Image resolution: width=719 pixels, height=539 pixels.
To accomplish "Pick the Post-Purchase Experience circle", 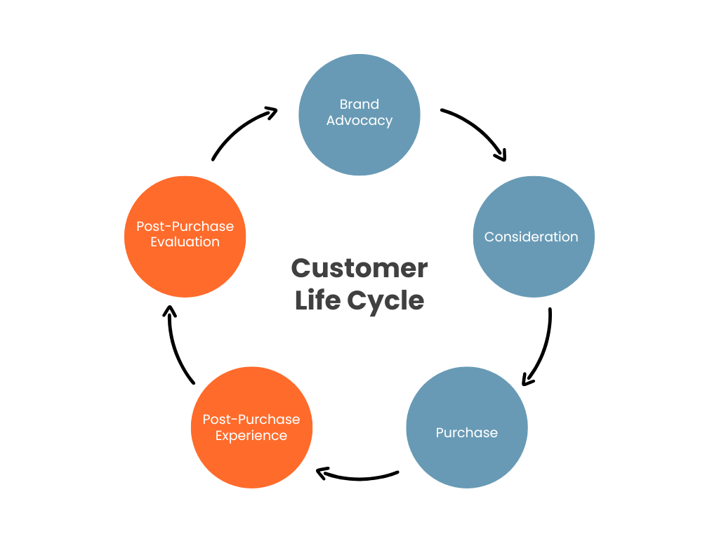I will pos(251,456).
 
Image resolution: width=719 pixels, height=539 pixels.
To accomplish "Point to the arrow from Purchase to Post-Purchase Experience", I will pos(358,478).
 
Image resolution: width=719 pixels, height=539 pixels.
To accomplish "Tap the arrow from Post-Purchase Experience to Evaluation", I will pos(176,347).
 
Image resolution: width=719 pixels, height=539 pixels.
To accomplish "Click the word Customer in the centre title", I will pos(359,268).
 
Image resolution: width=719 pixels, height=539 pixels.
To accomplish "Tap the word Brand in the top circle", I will pos(359,105).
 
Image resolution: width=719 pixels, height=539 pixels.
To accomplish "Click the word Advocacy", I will pos(359,121).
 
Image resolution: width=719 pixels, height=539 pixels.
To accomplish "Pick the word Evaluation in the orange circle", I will pos(185,242).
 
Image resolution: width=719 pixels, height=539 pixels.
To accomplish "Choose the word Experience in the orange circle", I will pos(251,436).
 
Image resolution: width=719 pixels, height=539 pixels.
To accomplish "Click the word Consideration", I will pos(532,237).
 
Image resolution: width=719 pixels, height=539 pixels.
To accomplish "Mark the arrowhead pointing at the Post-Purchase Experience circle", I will pos(323,474).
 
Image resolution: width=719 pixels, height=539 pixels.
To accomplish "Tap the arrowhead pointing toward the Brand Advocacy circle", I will pos(271,112).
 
